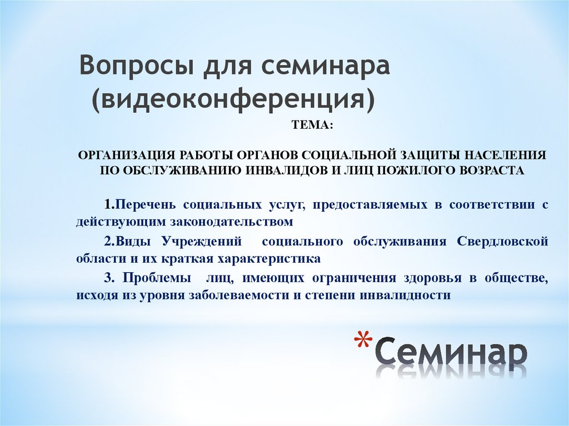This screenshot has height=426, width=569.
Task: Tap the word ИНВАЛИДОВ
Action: (x=286, y=170)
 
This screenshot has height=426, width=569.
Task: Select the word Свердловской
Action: (x=503, y=242)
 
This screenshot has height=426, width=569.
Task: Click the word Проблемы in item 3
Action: (x=154, y=278)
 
